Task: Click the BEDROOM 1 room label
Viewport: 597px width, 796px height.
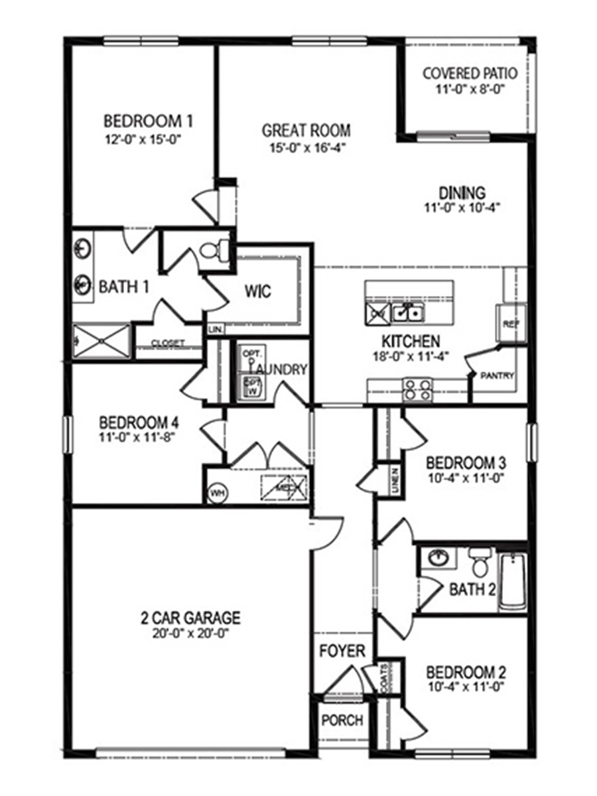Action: pyautogui.click(x=148, y=121)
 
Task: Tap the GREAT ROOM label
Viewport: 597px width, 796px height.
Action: pyautogui.click(x=306, y=130)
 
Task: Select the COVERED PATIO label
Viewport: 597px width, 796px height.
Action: pyautogui.click(x=470, y=72)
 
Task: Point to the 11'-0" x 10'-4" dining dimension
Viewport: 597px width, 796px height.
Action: pyautogui.click(x=462, y=207)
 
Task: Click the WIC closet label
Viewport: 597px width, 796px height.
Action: pyautogui.click(x=258, y=291)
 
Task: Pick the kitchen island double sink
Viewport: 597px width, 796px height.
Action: pyautogui.click(x=407, y=310)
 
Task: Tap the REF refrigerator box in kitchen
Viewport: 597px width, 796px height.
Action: pyautogui.click(x=511, y=324)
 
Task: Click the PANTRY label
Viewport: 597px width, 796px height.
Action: pyautogui.click(x=498, y=375)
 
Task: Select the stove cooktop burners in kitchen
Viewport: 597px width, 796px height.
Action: pyautogui.click(x=419, y=389)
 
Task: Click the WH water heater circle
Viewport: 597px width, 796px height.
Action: pyautogui.click(x=216, y=493)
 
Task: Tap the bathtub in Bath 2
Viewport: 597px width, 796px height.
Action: pyautogui.click(x=513, y=581)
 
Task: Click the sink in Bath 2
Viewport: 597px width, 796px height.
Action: pyautogui.click(x=438, y=557)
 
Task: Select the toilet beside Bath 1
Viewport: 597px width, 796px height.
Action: pyautogui.click(x=212, y=251)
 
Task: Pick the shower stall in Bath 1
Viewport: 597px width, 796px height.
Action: pyautogui.click(x=101, y=340)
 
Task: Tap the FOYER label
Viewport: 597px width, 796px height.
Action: pyautogui.click(x=342, y=651)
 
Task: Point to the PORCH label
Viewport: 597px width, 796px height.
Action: pyautogui.click(x=342, y=720)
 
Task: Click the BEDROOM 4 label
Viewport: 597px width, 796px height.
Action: pyautogui.click(x=139, y=423)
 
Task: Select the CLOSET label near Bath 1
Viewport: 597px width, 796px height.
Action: pyautogui.click(x=167, y=343)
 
